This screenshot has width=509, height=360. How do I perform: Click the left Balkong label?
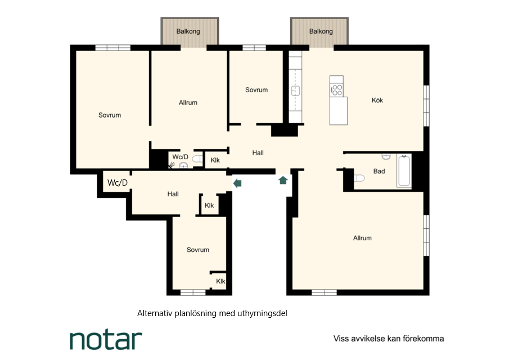click(x=188, y=31)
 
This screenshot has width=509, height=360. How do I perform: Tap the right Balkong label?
click(x=321, y=31)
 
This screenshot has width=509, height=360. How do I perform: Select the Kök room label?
click(x=377, y=100)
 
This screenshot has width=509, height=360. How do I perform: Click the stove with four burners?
click(x=337, y=89)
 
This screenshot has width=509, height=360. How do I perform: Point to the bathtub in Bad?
click(x=404, y=170)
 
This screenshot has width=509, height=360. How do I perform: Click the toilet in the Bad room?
click(x=359, y=178)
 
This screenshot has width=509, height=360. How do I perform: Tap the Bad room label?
click(x=379, y=171)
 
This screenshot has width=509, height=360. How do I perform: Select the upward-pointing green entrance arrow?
click(x=283, y=180)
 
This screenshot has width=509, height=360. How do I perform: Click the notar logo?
click(x=106, y=340)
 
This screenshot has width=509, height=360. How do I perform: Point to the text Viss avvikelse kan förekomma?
click(x=389, y=339)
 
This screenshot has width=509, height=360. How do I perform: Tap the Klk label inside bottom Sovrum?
click(x=220, y=281)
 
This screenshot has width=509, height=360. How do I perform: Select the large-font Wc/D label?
click(x=118, y=183)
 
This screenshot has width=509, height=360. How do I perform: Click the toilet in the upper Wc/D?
click(x=197, y=159)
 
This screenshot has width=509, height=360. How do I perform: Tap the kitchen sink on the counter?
click(x=295, y=91)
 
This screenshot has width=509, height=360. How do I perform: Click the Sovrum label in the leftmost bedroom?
click(x=110, y=115)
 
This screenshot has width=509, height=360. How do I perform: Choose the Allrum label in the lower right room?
click(x=362, y=238)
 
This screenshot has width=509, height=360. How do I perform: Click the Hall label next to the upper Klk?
click(x=258, y=152)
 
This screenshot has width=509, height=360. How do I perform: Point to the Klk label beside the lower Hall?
click(x=209, y=205)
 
